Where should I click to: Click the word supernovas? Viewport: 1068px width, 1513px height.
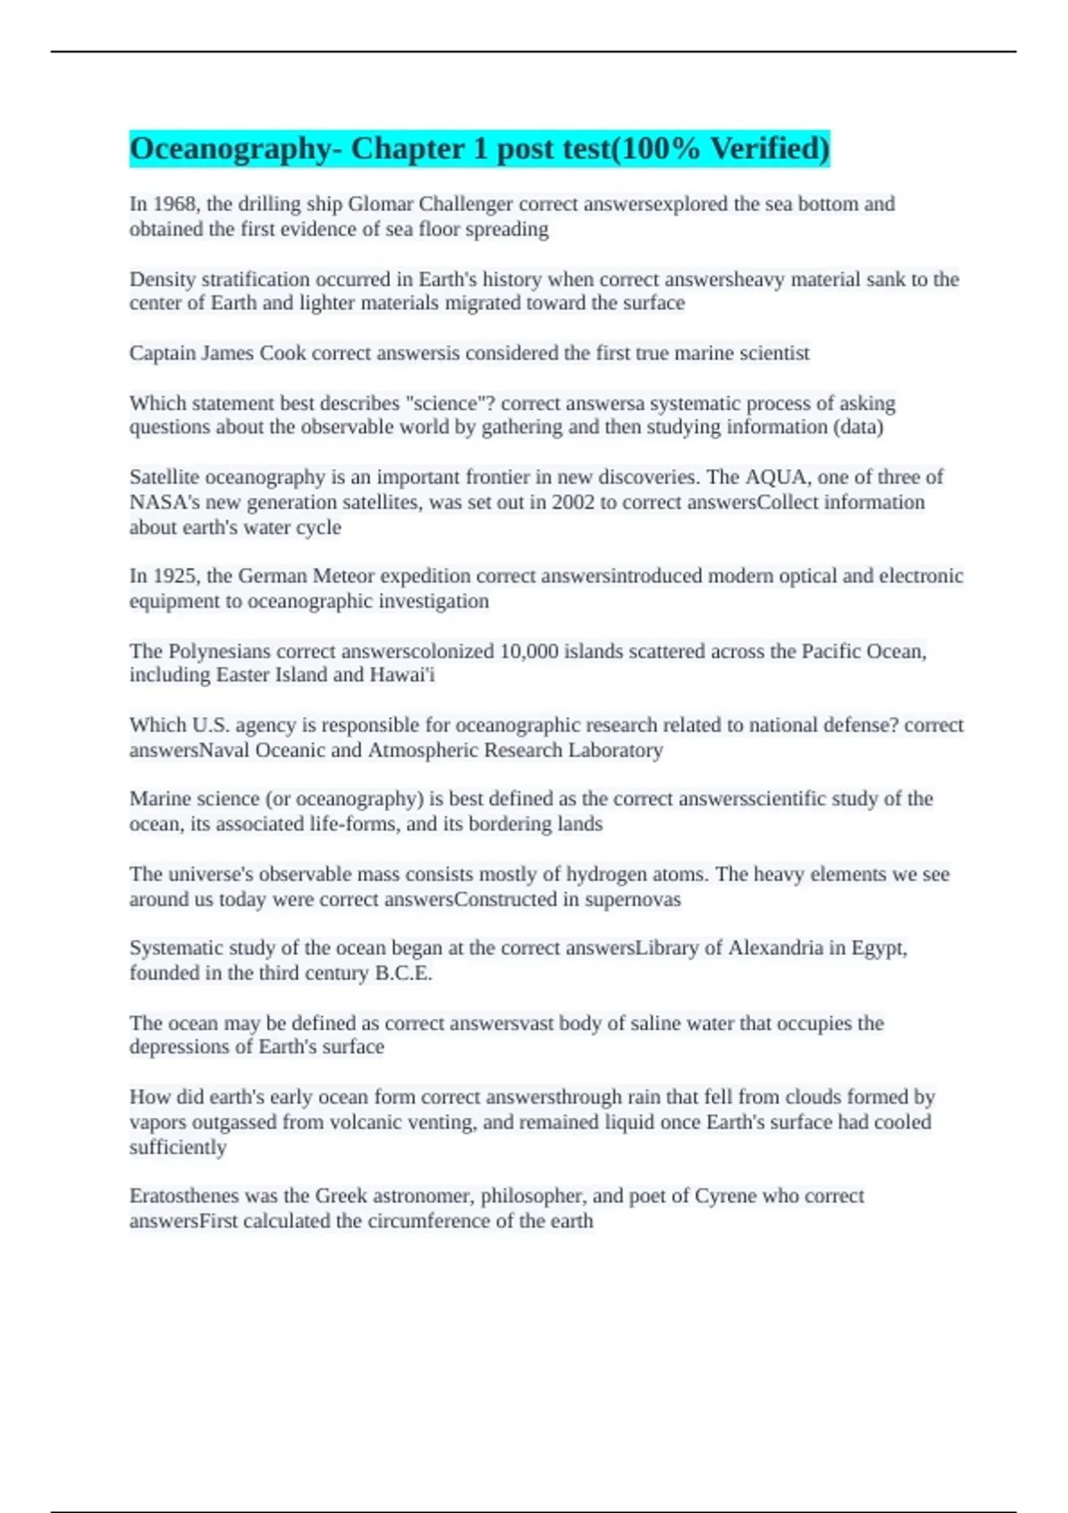click(633, 899)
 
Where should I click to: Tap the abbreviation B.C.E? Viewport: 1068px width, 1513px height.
click(403, 973)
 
